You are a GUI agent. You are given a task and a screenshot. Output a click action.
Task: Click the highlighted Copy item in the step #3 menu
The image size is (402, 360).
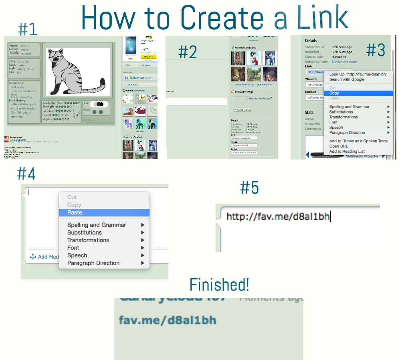[x=334, y=93]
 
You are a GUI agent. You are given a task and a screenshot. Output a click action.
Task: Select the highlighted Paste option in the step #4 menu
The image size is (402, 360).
[x=75, y=212]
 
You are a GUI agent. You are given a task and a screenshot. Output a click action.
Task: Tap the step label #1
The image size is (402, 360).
[x=27, y=29]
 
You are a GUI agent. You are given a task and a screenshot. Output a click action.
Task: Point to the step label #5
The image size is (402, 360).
[x=249, y=188]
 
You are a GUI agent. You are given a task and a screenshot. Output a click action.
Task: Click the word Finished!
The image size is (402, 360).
[x=219, y=285]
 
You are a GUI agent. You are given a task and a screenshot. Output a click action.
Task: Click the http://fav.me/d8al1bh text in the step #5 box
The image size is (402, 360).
[x=278, y=217]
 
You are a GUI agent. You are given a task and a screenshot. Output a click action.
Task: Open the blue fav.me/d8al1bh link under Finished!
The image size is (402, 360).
[x=168, y=320]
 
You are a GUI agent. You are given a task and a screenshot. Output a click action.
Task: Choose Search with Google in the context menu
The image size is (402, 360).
[x=347, y=79]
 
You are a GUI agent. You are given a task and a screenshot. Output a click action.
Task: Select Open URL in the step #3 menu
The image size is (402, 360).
[x=339, y=146]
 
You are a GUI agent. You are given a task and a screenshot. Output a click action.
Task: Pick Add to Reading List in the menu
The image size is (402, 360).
[x=347, y=152]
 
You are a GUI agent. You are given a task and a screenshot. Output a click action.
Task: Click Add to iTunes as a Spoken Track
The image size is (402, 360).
[x=358, y=141]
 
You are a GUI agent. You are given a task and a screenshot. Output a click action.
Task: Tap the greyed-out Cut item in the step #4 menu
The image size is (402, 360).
[x=72, y=197]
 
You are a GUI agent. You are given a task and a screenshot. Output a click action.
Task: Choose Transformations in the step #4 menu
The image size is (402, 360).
[x=88, y=240]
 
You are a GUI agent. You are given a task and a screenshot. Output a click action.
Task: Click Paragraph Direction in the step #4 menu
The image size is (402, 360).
[x=93, y=263]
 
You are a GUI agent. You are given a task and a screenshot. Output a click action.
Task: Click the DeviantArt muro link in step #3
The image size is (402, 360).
[x=344, y=62]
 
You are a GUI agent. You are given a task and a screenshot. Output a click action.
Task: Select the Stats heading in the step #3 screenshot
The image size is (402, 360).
[x=309, y=113]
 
